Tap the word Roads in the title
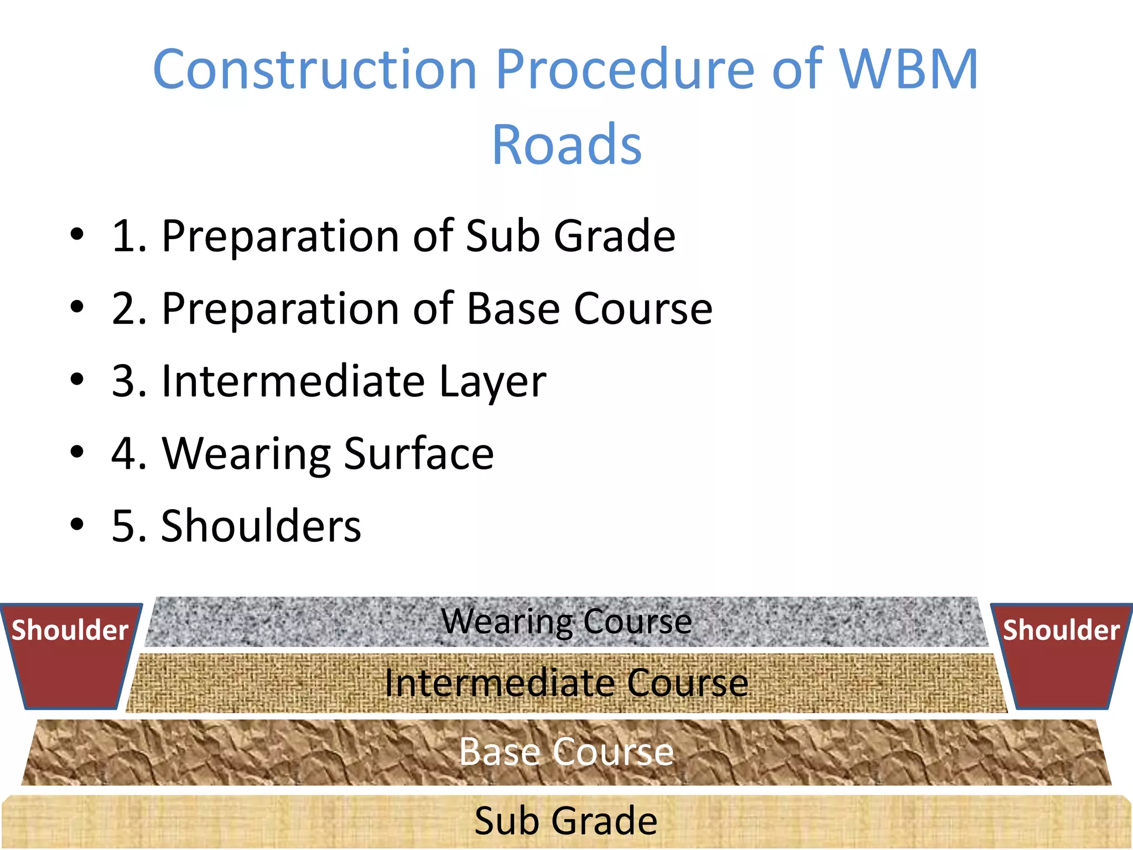tap(566, 145)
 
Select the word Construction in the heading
tap(314, 69)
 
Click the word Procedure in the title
tap(625, 69)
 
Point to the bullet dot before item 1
tap(77, 235)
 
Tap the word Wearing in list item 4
tap(246, 454)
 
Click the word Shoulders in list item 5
tap(261, 526)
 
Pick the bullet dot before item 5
tap(77, 524)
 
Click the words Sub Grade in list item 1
tap(570, 236)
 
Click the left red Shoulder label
tap(70, 630)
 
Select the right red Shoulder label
tap(1061, 630)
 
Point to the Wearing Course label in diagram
tap(566, 621)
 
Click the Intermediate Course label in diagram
tap(566, 683)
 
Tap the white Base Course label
tap(566, 752)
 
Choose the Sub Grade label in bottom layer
tap(566, 821)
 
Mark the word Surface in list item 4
tap(419, 454)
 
